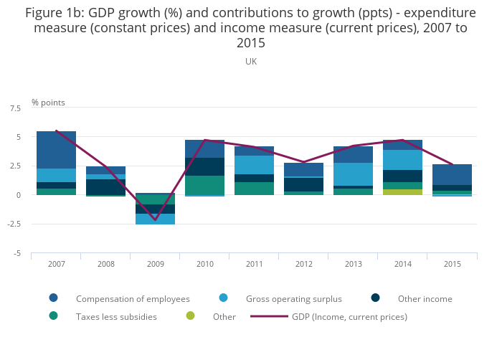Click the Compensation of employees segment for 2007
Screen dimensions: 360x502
[56, 150]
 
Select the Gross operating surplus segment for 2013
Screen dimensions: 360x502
[353, 174]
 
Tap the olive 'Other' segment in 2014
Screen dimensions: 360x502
[402, 192]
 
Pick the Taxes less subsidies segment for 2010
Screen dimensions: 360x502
[204, 185]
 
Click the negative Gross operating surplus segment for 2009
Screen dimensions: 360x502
[155, 219]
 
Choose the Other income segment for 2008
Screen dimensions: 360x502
[105, 186]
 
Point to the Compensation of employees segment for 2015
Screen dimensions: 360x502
[452, 174]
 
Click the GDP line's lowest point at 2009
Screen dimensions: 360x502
[155, 220]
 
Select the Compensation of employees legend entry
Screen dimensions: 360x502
[133, 298]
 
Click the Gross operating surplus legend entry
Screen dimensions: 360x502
[293, 298]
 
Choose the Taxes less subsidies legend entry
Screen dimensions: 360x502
[116, 316]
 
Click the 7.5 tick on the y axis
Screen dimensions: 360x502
[15, 108]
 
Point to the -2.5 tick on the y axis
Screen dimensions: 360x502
[14, 224]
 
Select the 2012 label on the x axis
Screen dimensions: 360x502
[303, 264]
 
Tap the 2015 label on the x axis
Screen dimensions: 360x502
[452, 264]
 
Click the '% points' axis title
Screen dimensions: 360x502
[48, 103]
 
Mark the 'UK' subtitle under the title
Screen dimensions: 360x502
[251, 62]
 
